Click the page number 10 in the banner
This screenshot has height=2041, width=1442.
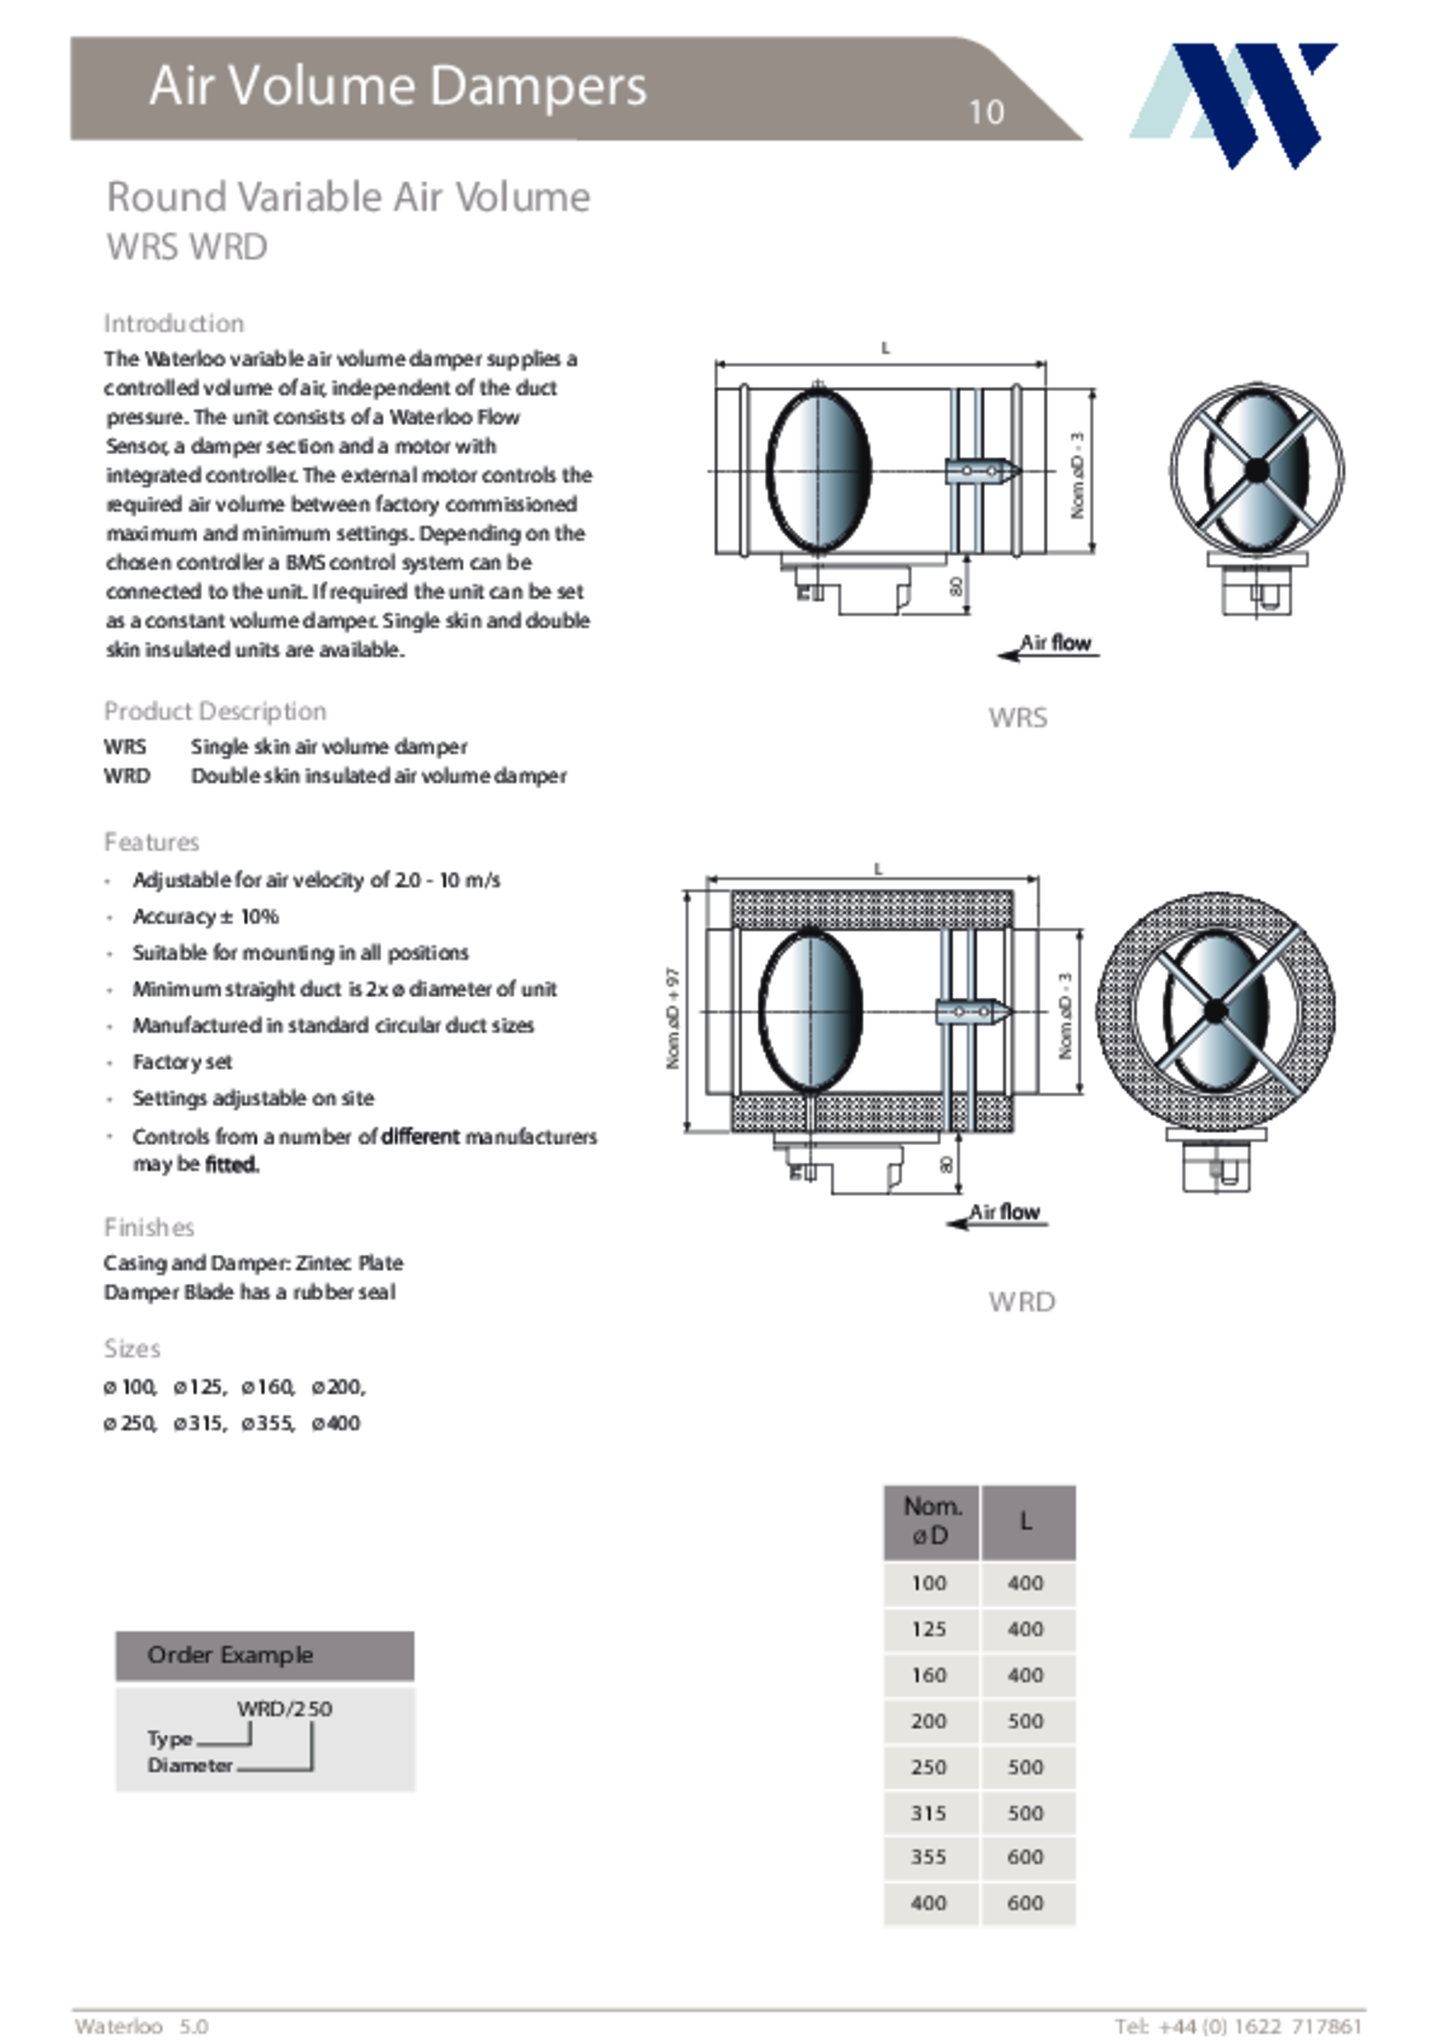tap(986, 113)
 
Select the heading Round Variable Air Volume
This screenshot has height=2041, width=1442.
tap(348, 197)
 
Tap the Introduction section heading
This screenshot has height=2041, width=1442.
tap(174, 323)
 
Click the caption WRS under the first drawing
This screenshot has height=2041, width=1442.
tap(1018, 718)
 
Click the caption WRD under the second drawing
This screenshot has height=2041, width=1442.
tap(1021, 1302)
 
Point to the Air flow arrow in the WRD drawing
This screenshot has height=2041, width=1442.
tap(998, 1215)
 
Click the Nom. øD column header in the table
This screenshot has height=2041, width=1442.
tap(931, 1521)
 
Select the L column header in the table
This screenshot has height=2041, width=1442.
tap(1027, 1521)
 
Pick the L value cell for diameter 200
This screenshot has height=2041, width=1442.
tap(1026, 1721)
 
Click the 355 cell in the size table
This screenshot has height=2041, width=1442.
tap(928, 1857)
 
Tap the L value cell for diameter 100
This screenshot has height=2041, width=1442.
tap(1026, 1583)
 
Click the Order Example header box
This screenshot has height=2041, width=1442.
tap(265, 1655)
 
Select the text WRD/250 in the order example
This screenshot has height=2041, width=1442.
tap(284, 1708)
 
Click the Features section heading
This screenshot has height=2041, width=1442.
tap(151, 842)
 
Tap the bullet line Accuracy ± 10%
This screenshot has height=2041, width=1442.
tap(205, 917)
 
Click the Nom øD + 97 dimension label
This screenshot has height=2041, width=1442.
tap(673, 1019)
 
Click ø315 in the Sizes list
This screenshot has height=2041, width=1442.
tap(200, 1423)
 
